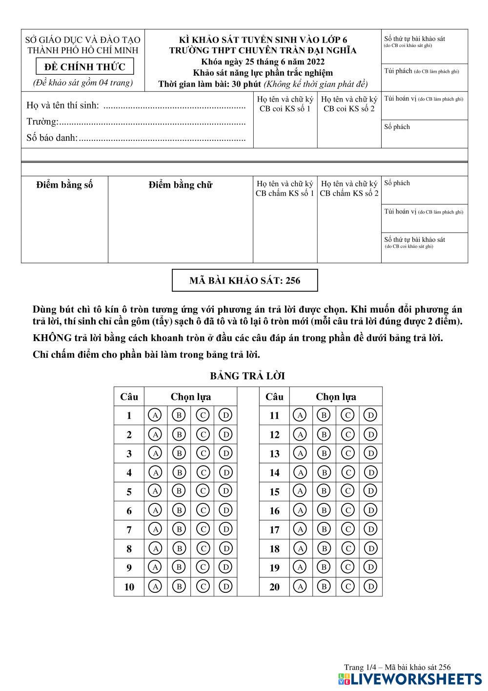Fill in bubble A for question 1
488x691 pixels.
155,415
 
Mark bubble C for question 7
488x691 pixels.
203,529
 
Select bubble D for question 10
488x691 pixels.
226,586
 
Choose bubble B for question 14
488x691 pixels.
324,473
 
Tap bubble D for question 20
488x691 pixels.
371,586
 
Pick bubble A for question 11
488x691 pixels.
300,415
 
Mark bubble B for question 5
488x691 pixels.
179,491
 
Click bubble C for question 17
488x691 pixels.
347,529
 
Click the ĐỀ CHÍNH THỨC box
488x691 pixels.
85,66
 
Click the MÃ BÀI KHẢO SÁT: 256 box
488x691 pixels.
244,281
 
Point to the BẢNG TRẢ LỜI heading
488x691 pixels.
247,376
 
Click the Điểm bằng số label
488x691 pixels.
64,185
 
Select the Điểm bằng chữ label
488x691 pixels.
181,185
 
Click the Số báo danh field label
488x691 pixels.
52,138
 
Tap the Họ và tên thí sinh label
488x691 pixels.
62,105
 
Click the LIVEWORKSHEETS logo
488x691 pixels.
409,679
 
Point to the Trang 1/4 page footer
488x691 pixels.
397,667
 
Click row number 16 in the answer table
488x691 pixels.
275,511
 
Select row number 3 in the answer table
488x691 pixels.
129,453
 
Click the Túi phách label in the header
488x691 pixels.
398,71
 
